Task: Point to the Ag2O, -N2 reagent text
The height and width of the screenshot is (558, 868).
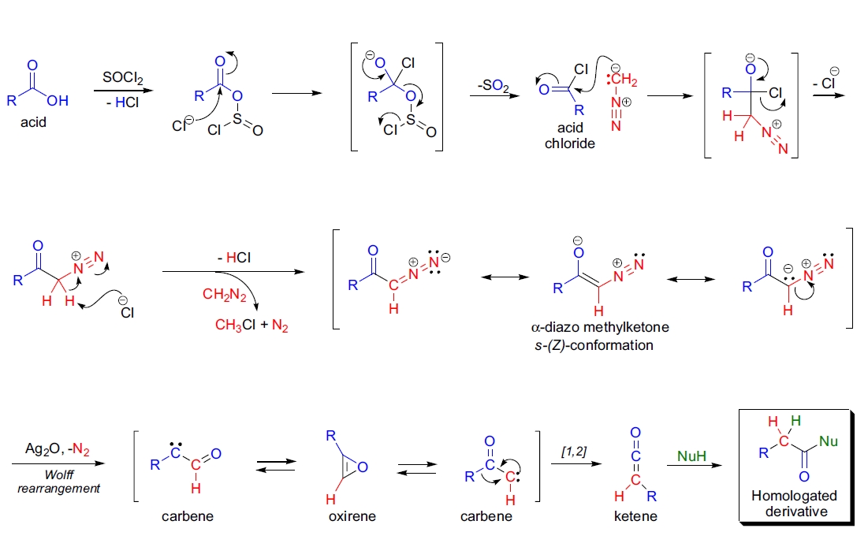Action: click(48, 451)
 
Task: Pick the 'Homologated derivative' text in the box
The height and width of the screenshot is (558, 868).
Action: click(795, 503)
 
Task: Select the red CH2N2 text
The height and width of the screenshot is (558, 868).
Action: click(225, 296)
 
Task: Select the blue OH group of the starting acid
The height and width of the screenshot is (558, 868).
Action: click(58, 101)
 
